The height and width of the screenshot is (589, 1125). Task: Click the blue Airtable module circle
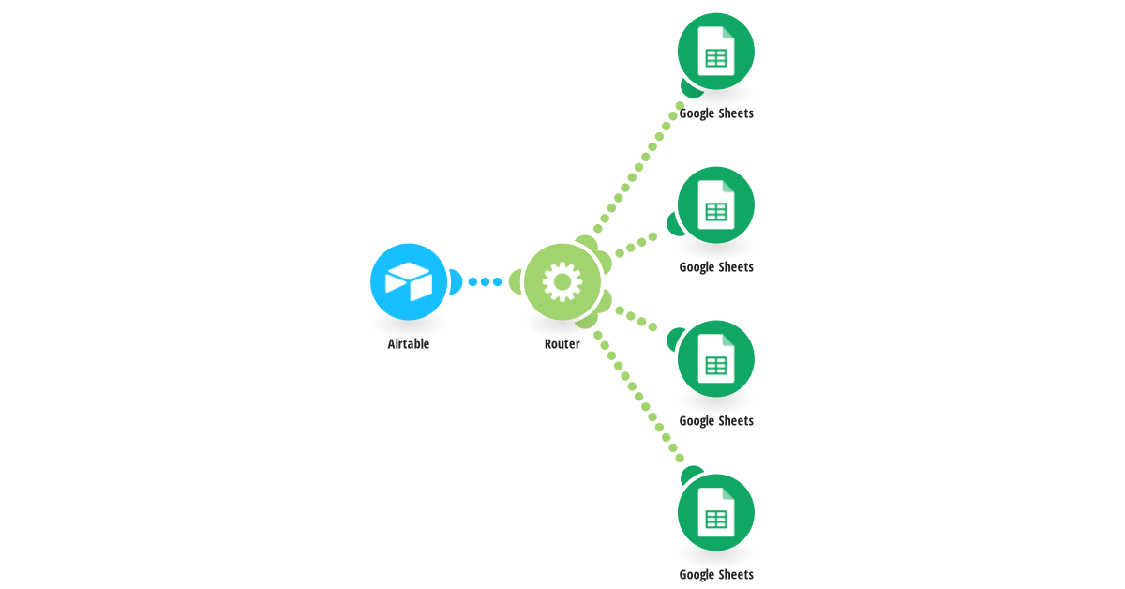point(409,282)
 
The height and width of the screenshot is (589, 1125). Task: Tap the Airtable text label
point(409,344)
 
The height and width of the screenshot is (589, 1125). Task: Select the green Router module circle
point(562,282)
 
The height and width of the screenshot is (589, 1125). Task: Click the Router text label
point(562,344)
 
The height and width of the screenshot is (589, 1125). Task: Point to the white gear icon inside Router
point(562,282)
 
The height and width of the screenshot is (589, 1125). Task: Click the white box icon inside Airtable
point(409,282)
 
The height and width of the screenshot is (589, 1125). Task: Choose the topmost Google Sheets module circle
point(715,52)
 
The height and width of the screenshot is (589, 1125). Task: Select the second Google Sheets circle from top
point(715,205)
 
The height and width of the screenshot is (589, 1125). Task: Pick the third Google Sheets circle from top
point(715,359)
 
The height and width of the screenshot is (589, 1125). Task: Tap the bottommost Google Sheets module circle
point(715,513)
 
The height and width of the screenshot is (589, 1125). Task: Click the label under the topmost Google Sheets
point(716,113)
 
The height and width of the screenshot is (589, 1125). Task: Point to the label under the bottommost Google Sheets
point(716,575)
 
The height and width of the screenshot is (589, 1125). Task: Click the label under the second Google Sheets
point(716,267)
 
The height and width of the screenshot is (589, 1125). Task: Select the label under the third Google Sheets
point(716,421)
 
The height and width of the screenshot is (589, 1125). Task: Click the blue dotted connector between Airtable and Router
point(486,282)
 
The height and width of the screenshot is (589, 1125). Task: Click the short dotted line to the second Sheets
point(637,245)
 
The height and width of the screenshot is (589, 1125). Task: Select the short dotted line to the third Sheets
point(637,319)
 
